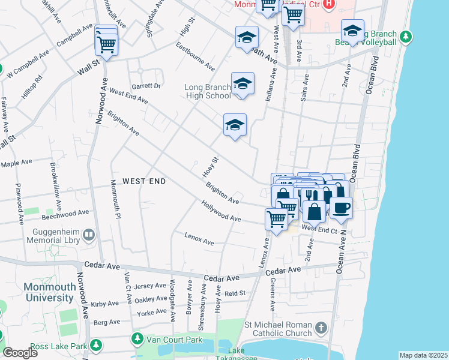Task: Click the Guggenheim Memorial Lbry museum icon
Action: point(89,234)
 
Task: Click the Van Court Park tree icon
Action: point(137,339)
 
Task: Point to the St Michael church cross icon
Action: point(321,328)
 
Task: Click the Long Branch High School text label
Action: point(207,91)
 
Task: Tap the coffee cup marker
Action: point(341,207)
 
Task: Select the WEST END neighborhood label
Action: point(143,181)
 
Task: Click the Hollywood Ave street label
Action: point(221,212)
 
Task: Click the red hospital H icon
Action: point(328,5)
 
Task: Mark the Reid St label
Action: point(235,293)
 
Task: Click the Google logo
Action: point(20,353)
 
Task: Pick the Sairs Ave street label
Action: point(305,87)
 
